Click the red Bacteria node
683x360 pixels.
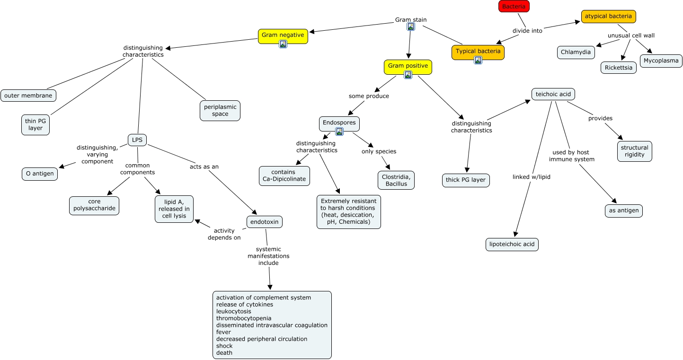[x=514, y=6]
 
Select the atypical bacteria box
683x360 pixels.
[x=608, y=16]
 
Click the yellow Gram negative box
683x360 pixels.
[x=283, y=36]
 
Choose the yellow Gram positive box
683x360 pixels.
[x=408, y=67]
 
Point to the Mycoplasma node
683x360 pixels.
[x=661, y=61]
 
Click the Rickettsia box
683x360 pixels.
[x=619, y=68]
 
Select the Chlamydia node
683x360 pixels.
[x=576, y=52]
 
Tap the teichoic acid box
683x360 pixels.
[x=553, y=94]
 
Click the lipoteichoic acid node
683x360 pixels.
[x=512, y=245]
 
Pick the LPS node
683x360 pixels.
[x=137, y=140]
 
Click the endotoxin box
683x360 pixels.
[x=264, y=222]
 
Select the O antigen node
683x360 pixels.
[x=40, y=174]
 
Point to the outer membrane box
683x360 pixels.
[x=28, y=96]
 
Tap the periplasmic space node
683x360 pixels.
[x=220, y=111]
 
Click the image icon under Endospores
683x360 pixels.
[x=339, y=132]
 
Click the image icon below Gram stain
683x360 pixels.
[x=411, y=27]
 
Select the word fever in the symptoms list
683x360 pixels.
[x=224, y=332]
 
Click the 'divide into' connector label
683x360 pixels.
[x=527, y=31]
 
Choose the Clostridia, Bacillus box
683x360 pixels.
[x=395, y=180]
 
